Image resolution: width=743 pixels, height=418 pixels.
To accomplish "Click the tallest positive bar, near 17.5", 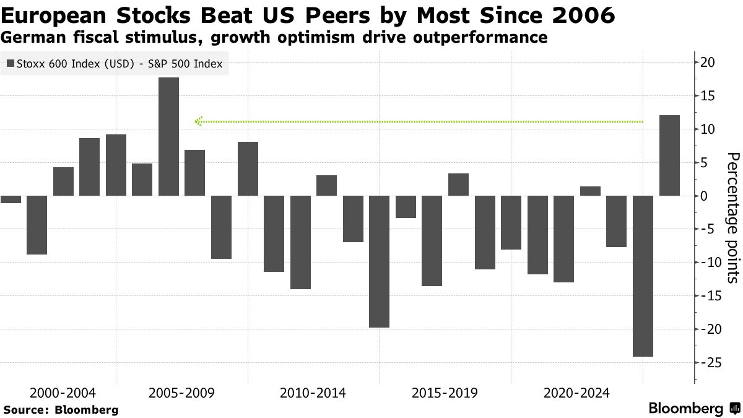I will pyautogui.click(x=168, y=136).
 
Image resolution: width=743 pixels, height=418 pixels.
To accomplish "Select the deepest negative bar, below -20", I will pyautogui.click(x=643, y=276).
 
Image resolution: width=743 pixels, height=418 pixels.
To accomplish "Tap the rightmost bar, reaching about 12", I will pyautogui.click(x=669, y=155).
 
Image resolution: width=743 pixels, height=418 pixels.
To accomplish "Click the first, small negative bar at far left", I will pyautogui.click(x=11, y=199).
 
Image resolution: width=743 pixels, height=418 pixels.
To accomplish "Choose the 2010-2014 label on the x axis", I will pyautogui.click(x=313, y=393).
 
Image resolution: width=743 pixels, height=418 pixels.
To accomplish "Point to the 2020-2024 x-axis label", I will pyautogui.click(x=576, y=393).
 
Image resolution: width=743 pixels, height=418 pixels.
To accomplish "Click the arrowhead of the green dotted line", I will pyautogui.click(x=198, y=121).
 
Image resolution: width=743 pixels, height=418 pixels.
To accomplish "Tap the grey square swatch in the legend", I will pyautogui.click(x=10, y=63).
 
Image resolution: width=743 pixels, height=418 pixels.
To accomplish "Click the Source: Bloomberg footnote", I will pyautogui.click(x=61, y=409).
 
